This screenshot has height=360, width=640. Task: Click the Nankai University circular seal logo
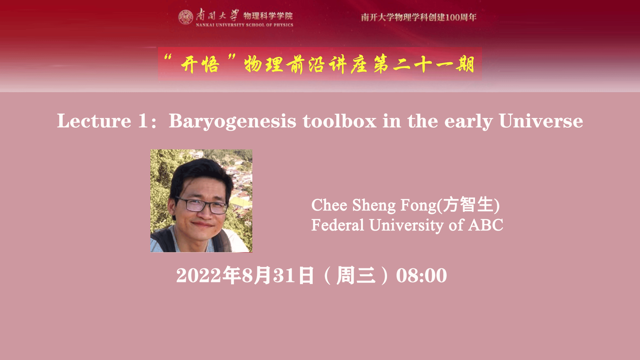pyautogui.click(x=186, y=17)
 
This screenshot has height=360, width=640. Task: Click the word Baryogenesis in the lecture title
pyautogui.click(x=232, y=121)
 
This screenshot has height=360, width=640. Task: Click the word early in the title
pyautogui.click(x=468, y=122)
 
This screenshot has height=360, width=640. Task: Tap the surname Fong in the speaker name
pyautogui.click(x=418, y=205)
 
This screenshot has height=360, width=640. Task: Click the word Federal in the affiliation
pyautogui.click(x=338, y=225)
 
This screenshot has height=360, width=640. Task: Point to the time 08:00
pyautogui.click(x=421, y=276)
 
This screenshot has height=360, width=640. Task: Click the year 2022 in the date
pyautogui.click(x=199, y=276)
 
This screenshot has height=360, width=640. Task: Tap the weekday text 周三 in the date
pyautogui.click(x=356, y=275)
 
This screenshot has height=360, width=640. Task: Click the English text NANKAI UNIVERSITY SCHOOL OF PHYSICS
pyautogui.click(x=245, y=25)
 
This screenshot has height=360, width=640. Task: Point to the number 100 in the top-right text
pyautogui.click(x=453, y=17)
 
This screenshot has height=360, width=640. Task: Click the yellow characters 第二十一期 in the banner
pyautogui.click(x=424, y=64)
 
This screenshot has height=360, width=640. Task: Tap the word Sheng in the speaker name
pyautogui.click(x=374, y=205)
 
